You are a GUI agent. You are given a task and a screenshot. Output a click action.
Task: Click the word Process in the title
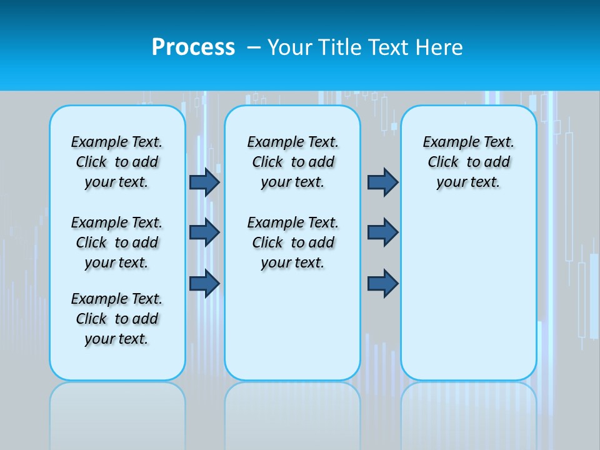(193, 47)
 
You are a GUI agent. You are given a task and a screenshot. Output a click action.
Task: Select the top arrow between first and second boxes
(204, 182)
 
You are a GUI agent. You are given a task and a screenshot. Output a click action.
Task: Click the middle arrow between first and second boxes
(204, 232)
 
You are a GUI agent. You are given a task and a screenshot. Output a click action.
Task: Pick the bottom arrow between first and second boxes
(204, 283)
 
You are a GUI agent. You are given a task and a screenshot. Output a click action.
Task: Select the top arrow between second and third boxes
(382, 182)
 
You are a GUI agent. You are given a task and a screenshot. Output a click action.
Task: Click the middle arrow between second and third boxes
(382, 232)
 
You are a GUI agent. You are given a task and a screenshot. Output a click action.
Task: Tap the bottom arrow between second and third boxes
(382, 283)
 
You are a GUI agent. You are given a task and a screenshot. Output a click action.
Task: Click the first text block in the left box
(117, 162)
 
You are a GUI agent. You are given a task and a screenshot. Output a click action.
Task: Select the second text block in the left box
(117, 242)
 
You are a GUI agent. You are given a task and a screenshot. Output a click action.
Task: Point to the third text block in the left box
(117, 319)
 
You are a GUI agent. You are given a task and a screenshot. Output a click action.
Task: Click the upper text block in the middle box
(292, 162)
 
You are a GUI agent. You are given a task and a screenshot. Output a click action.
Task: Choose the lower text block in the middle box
(292, 242)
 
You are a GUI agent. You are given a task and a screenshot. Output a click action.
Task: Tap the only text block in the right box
(469, 162)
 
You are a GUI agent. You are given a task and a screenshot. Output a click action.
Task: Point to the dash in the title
(254, 47)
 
